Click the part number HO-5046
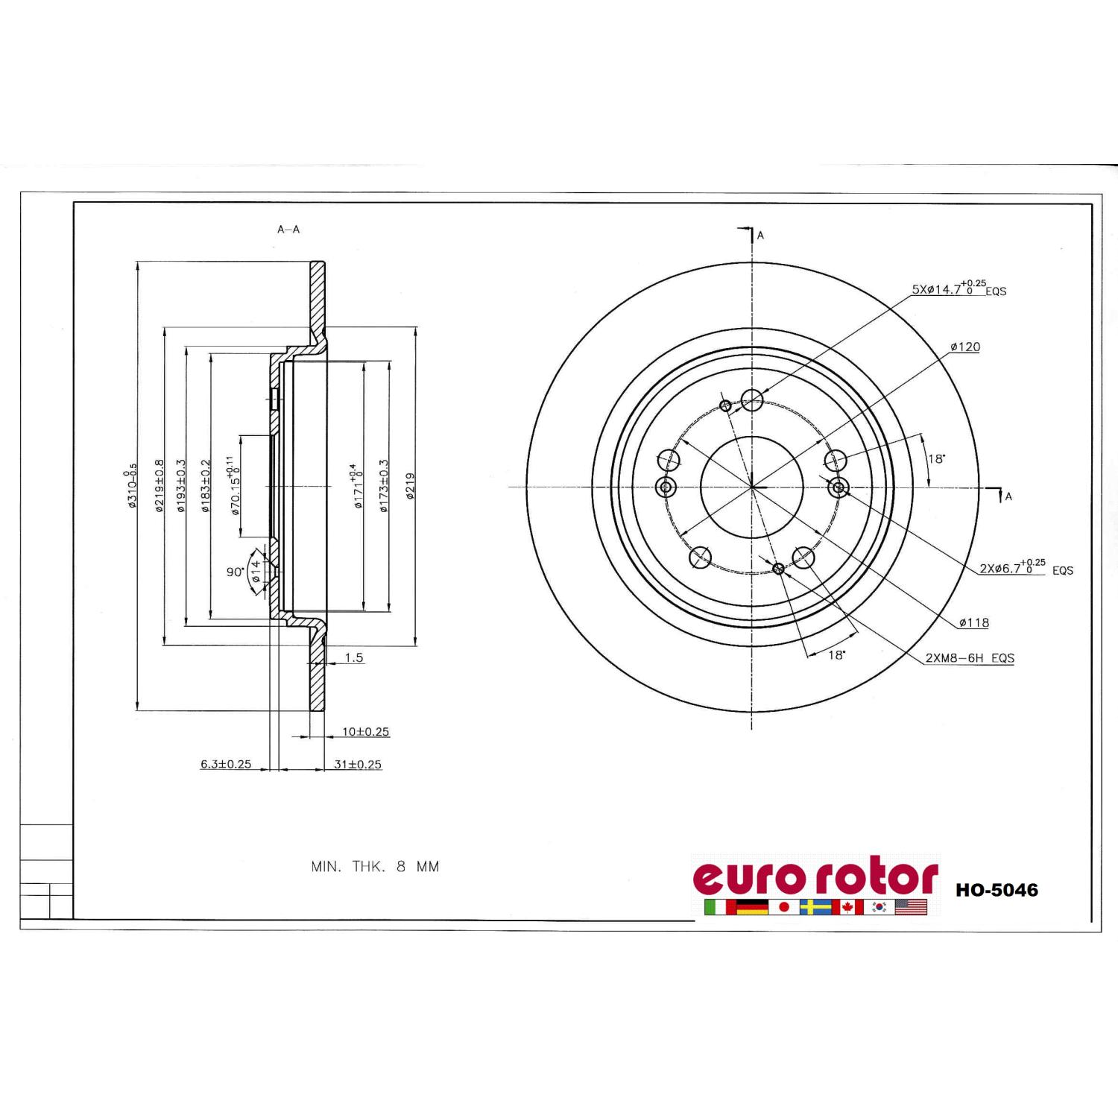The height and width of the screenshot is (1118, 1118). [997, 890]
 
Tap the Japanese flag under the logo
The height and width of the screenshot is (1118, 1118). [783, 907]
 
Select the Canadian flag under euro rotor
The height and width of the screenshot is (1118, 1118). [847, 907]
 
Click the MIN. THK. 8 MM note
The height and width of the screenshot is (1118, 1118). [375, 867]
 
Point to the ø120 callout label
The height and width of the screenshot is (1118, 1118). [965, 347]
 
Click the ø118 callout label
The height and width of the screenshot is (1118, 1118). [974, 622]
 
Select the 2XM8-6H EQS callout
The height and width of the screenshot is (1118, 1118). [970, 658]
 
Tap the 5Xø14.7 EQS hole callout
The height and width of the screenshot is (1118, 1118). [959, 288]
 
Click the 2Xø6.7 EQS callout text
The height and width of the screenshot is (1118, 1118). [1026, 567]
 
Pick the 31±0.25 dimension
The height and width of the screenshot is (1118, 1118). [358, 764]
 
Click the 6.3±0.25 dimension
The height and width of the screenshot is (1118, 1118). [226, 764]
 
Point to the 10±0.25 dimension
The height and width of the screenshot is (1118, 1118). [366, 732]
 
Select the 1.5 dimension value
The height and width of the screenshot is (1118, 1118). [354, 657]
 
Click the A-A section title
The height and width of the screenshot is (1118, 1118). [288, 230]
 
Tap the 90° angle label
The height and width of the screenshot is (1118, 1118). [236, 572]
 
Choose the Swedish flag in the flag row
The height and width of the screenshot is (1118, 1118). [815, 907]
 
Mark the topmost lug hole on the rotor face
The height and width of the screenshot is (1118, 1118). [752, 400]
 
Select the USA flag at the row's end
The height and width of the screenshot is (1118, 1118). [911, 907]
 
